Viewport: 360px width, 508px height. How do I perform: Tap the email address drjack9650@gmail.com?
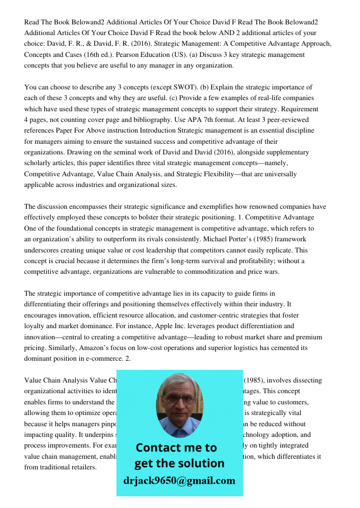[179, 481]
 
